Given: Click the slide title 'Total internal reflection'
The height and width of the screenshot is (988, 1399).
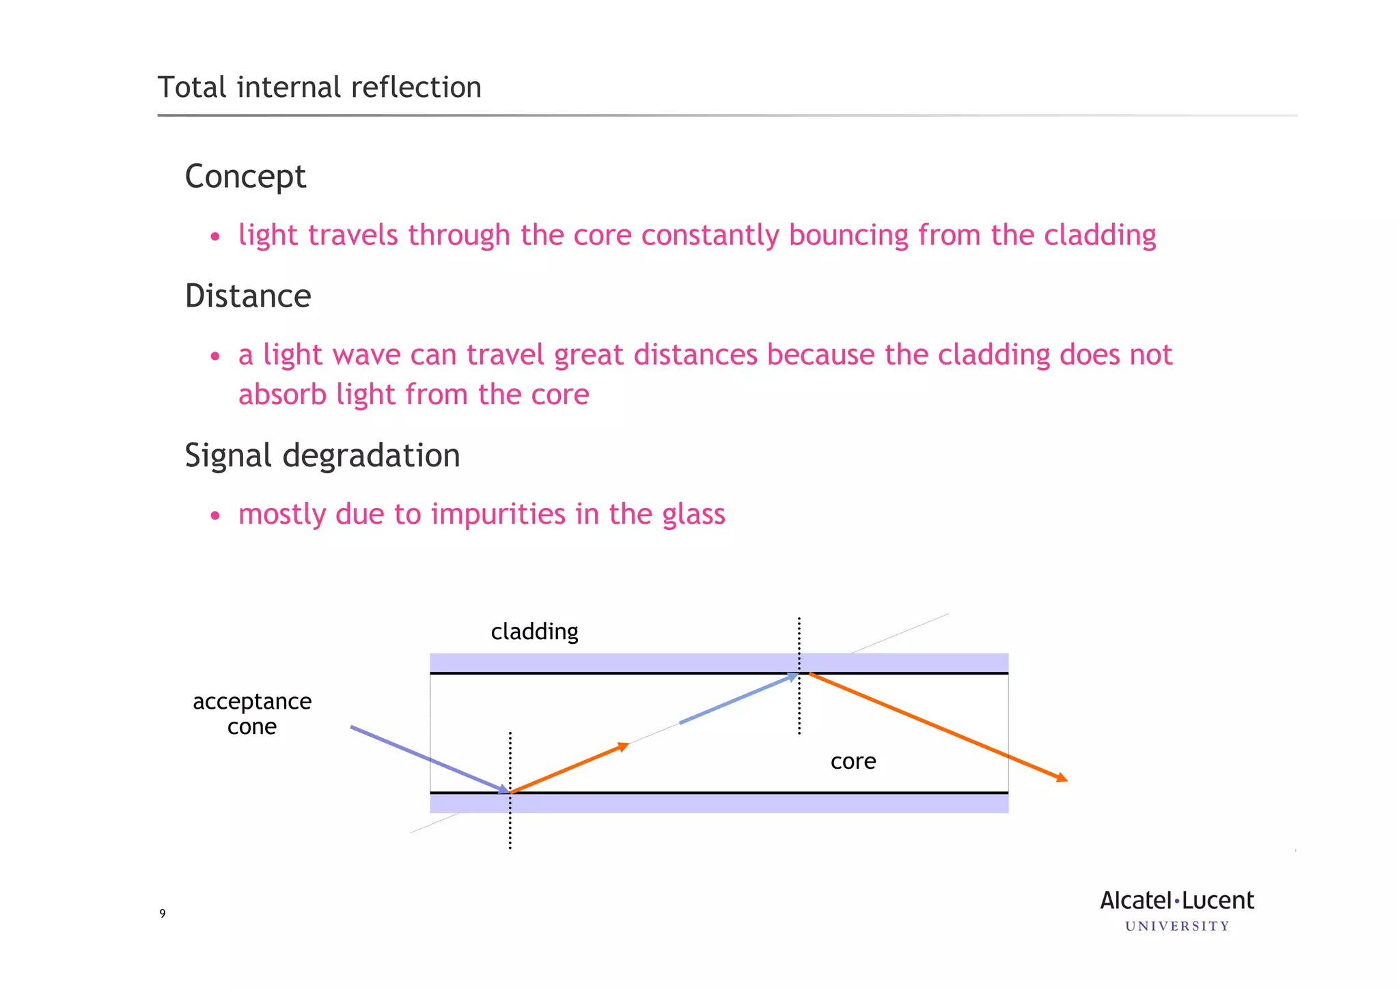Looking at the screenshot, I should click(319, 87).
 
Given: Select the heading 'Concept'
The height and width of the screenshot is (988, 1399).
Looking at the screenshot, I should click(245, 177).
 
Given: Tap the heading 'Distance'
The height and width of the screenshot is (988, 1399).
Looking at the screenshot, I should click(248, 296).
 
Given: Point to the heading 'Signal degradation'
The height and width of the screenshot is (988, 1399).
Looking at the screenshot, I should click(322, 455).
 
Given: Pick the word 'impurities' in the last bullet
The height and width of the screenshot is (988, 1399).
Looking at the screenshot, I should click(498, 514).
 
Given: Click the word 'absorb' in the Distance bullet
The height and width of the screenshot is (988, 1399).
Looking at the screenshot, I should click(282, 395).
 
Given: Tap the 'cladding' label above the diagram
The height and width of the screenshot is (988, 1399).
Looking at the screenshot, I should click(534, 632).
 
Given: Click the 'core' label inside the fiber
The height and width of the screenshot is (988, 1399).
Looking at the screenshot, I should click(853, 761).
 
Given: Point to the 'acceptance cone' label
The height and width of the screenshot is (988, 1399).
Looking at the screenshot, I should click(252, 714).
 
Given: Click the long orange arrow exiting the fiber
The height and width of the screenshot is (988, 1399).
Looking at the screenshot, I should click(936, 726).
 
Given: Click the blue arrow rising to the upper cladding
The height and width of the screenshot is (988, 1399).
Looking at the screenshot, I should click(738, 698).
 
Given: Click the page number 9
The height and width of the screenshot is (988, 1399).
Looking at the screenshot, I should click(163, 914).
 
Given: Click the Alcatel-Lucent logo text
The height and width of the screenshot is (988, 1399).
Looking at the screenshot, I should click(1176, 901).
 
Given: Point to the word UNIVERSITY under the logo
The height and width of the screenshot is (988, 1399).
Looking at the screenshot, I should click(1176, 927).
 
